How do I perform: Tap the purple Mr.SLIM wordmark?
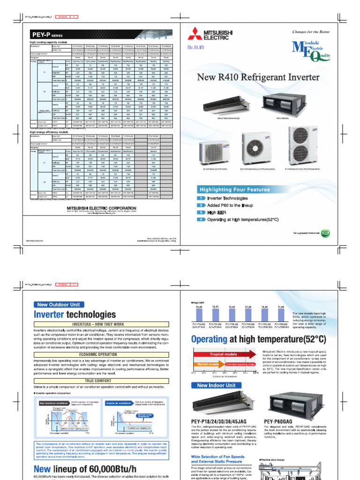[195, 48]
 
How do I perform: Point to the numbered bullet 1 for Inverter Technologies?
[200, 199]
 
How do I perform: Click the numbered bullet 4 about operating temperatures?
[200, 219]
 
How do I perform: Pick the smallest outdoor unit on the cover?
[213, 153]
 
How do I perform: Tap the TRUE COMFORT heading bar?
[97, 367]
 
